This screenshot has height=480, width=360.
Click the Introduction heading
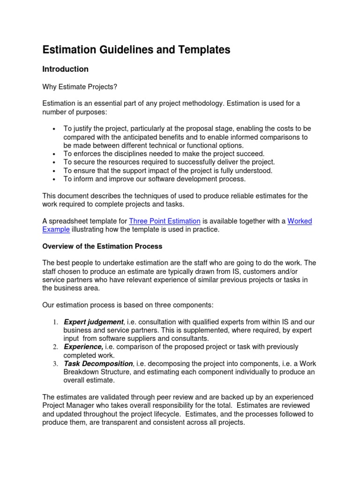coord(65,69)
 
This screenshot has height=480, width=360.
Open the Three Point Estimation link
coord(165,221)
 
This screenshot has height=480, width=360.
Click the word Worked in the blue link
coord(300,221)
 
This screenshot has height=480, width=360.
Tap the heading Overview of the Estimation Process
coord(102,246)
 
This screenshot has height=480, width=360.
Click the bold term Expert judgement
coord(93,322)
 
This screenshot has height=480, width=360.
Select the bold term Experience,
coord(83,347)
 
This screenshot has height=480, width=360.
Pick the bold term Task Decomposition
coord(98,364)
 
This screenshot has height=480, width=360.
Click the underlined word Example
coord(56,230)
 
